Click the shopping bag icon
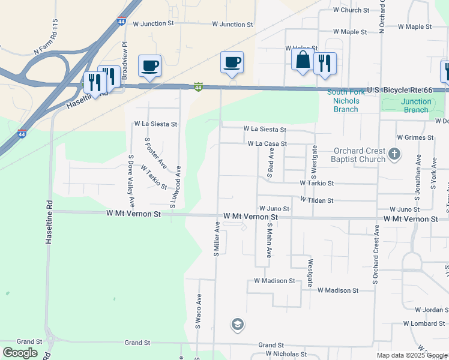[x=303, y=60]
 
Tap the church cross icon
[x=394, y=154]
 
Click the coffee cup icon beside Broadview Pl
[x=149, y=65]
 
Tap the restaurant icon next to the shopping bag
[x=324, y=64]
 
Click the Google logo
[x=20, y=353]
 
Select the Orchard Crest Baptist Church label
[x=358, y=155]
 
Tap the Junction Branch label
[x=416, y=106]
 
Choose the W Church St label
[x=351, y=10]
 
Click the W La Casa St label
[x=267, y=144]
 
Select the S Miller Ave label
[x=217, y=239]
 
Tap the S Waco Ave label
[x=197, y=311]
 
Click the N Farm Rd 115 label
[x=53, y=46]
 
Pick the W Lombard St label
[x=424, y=324]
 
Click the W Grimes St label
[x=415, y=137]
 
